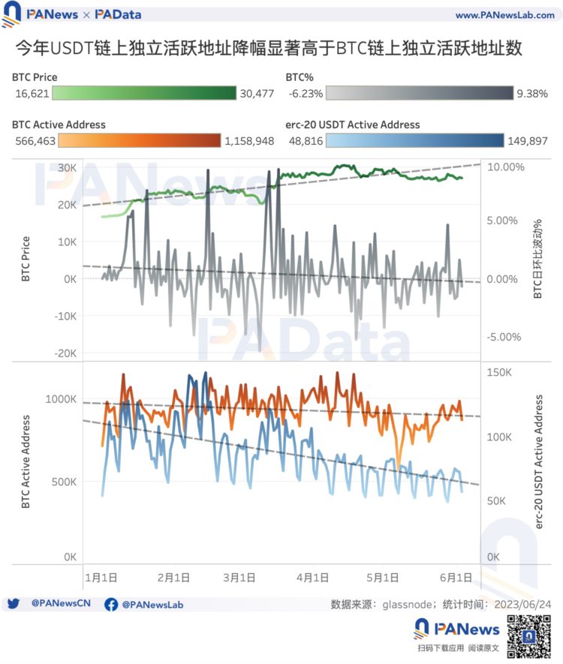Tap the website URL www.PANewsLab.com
[504, 15]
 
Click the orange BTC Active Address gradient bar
[140, 140]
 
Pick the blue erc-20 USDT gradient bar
[417, 140]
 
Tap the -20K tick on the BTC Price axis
[65, 353]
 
